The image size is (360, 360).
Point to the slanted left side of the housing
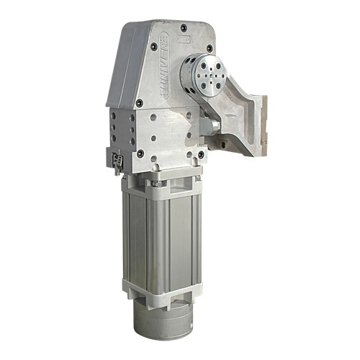tap(115, 72)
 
